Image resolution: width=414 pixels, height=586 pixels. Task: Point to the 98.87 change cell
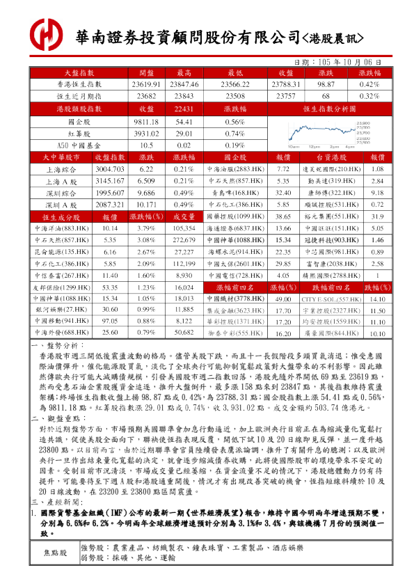326,84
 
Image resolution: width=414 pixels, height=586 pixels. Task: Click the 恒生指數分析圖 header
326,109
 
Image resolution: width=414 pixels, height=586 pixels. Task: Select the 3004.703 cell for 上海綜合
109,169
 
